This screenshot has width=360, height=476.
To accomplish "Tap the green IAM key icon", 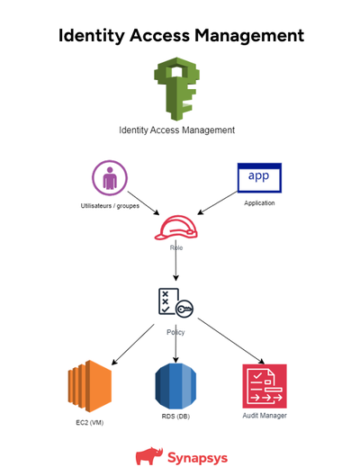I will (x=176, y=89).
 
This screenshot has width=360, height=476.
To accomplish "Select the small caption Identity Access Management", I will (x=176, y=130).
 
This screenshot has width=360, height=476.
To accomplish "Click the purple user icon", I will (x=109, y=177).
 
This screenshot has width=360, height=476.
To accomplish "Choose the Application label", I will (x=259, y=203).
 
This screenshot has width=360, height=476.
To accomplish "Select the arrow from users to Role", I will (x=144, y=202).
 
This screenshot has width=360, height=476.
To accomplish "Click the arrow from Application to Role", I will (x=216, y=202).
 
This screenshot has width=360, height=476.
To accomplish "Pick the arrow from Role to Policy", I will (x=175, y=266).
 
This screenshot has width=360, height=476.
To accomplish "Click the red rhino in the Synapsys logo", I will (x=148, y=456).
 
